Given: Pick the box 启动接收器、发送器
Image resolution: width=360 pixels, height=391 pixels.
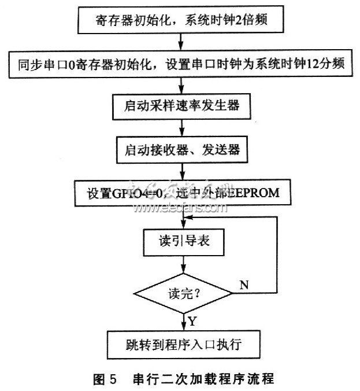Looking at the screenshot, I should (183, 149).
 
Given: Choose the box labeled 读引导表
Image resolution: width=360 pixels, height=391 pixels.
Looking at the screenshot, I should (183, 244).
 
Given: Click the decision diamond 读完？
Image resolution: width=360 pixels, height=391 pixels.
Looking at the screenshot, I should (183, 294).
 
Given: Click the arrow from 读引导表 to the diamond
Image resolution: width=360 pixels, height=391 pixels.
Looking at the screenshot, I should (183, 264).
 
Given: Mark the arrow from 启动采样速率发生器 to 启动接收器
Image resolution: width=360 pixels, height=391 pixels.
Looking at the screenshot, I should (183, 128).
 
